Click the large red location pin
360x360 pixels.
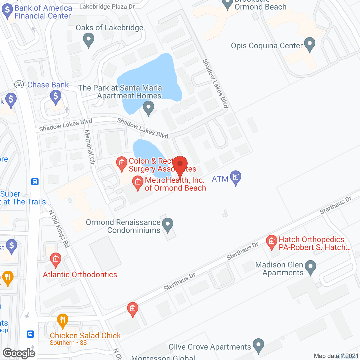[180, 165]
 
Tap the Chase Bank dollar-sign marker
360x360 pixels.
[56, 96]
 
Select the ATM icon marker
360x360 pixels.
[236, 177]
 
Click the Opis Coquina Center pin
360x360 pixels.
[310, 44]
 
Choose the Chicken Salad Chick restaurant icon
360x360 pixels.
[62, 320]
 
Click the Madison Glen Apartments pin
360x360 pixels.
[310, 267]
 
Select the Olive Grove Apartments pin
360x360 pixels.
[258, 345]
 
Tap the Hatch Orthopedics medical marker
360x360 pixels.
[271, 242]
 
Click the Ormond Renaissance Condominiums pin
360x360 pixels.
[168, 225]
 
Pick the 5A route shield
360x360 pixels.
[19, 84]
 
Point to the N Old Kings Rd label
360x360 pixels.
[59, 229]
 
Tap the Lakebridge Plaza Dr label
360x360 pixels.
[107, 6]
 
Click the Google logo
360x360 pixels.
[19, 353]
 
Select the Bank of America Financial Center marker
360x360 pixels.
[7, 11]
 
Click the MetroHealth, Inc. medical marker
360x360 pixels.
[138, 183]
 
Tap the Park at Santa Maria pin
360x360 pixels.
[148, 108]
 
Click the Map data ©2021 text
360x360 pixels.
[336, 356]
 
